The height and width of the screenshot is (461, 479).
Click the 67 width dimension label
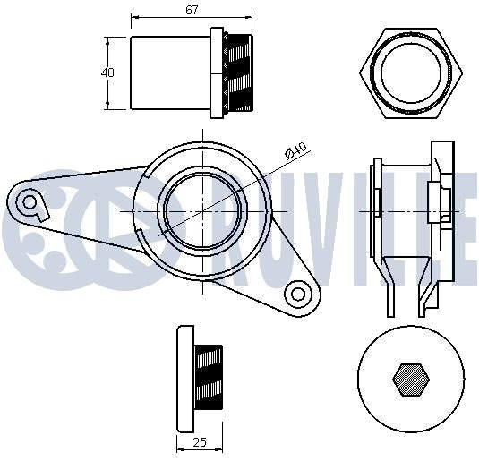pyautogui.click(x=192, y=10)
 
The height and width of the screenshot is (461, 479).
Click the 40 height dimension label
pyautogui.click(x=107, y=73)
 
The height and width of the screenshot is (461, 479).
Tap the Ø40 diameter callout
pyautogui.click(x=295, y=150)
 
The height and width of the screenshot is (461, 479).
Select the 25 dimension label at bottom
pyautogui.click(x=200, y=442)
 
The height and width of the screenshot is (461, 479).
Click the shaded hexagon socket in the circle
pyautogui.click(x=411, y=380)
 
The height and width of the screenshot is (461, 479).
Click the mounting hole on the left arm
pyautogui.click(x=30, y=202)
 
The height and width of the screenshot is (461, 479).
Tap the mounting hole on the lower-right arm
pyautogui.click(x=298, y=295)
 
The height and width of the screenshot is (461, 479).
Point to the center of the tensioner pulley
pyautogui.click(x=203, y=211)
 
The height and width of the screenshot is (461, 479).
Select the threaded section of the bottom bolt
pyautogui.click(x=209, y=377)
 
